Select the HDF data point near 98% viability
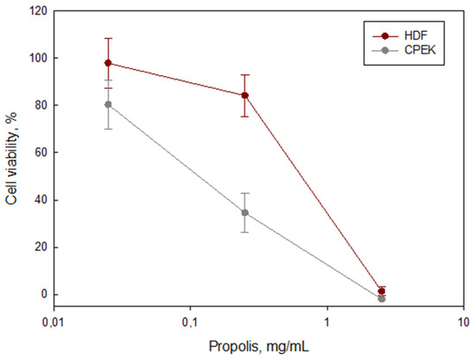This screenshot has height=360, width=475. click(108, 63)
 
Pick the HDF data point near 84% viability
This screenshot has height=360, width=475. click(245, 95)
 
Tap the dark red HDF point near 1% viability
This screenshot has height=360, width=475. click(382, 291)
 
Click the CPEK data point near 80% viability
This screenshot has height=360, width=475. click(108, 104)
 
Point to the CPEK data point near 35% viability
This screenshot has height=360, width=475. click(245, 212)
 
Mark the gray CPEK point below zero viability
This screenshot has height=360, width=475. click(382, 298)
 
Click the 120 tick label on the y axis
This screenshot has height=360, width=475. click(35, 11)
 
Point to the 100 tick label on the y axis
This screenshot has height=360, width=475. click(35, 58)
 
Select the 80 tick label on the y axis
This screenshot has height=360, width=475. click(38, 105)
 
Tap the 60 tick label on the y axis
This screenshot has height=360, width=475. click(38, 153)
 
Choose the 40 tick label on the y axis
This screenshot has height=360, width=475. click(38, 200)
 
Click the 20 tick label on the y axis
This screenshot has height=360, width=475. click(38, 247)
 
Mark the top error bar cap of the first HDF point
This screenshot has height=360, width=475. click(108, 38)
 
